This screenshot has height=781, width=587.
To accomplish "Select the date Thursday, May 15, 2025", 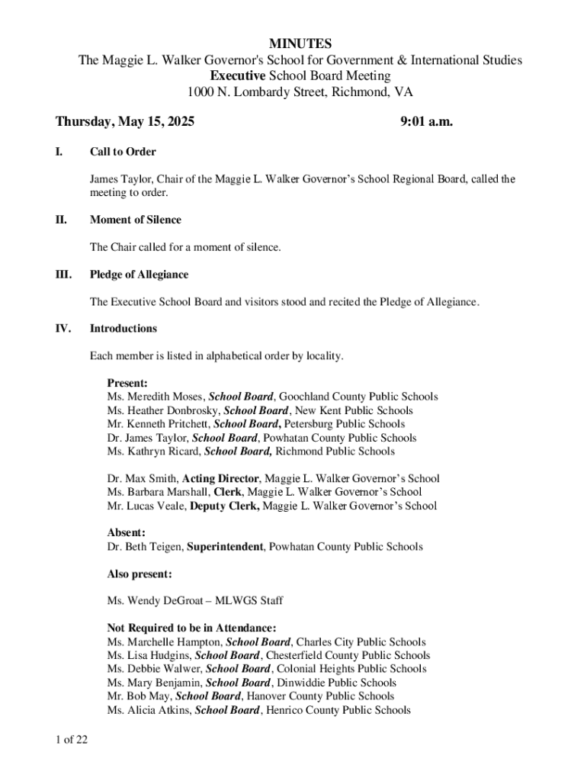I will pyautogui.click(x=125, y=121).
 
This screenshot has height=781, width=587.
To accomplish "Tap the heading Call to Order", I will pyautogui.click(x=123, y=152).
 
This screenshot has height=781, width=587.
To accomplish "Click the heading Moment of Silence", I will pyautogui.click(x=136, y=220).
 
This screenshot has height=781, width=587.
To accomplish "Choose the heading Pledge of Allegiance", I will pyautogui.click(x=139, y=275).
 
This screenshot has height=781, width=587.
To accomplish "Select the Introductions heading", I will pyautogui.click(x=123, y=329).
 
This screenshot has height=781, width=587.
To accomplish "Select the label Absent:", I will pyautogui.click(x=127, y=533).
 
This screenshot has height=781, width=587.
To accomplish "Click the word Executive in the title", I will pyautogui.click(x=238, y=76).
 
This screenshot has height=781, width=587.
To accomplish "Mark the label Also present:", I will pyautogui.click(x=140, y=574).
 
